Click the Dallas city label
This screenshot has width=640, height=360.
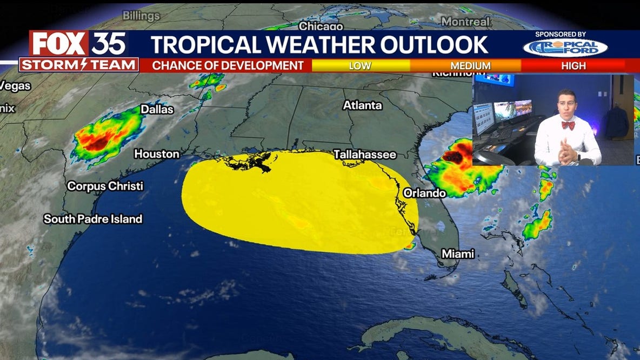tap(157, 109)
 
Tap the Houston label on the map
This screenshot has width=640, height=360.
tap(156, 154)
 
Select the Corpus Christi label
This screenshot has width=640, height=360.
tap(105, 186)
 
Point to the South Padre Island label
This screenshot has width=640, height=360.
tap(92, 219)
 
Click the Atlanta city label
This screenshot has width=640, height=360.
tap(362, 105)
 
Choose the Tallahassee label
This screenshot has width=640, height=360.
tap(364, 155)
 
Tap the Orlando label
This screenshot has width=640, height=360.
tap(424, 193)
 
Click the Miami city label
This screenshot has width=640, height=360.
tap(457, 254)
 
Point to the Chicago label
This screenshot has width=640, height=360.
tap(321, 25)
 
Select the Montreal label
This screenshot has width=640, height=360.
tap(465, 22)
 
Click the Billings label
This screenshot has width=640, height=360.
tap(141, 15)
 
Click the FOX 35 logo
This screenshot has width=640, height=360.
tap(78, 44)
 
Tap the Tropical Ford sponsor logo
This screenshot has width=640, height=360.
tap(565, 48)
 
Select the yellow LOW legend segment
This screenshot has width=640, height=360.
tap(360, 65)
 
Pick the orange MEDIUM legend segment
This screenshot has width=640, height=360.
tap(470, 65)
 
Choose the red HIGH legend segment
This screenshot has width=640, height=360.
tap(573, 65)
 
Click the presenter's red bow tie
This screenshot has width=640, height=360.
tap(568, 125)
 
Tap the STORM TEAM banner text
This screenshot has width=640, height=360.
tap(78, 65)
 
